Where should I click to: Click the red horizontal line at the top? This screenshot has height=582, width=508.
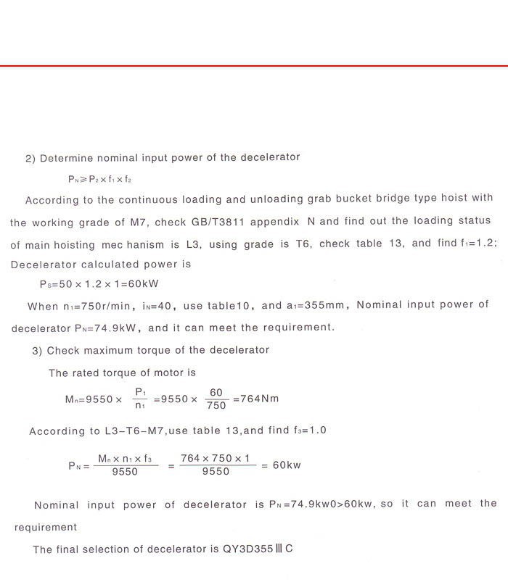254,66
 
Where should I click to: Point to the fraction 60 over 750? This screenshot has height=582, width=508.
217,399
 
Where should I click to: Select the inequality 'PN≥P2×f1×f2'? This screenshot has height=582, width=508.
100,178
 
